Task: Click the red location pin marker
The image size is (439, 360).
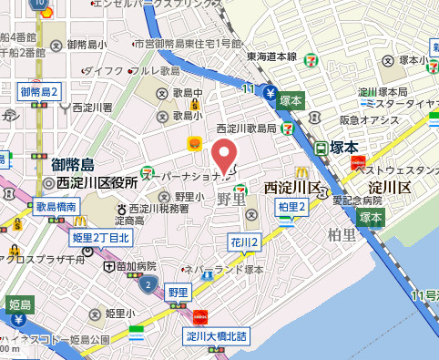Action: point(225,152)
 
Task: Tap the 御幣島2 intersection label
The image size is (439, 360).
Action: point(39,92)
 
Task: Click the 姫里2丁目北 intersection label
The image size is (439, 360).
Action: point(101,238)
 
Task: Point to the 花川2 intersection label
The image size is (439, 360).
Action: point(244,242)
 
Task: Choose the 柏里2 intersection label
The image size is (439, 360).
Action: point(291,207)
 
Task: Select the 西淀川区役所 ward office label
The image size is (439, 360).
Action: point(97,182)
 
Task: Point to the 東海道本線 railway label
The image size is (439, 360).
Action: point(271,56)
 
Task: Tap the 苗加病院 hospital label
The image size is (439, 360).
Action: point(132,266)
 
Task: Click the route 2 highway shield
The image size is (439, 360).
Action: point(148,285)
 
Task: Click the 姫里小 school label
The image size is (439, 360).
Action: point(118,314)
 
